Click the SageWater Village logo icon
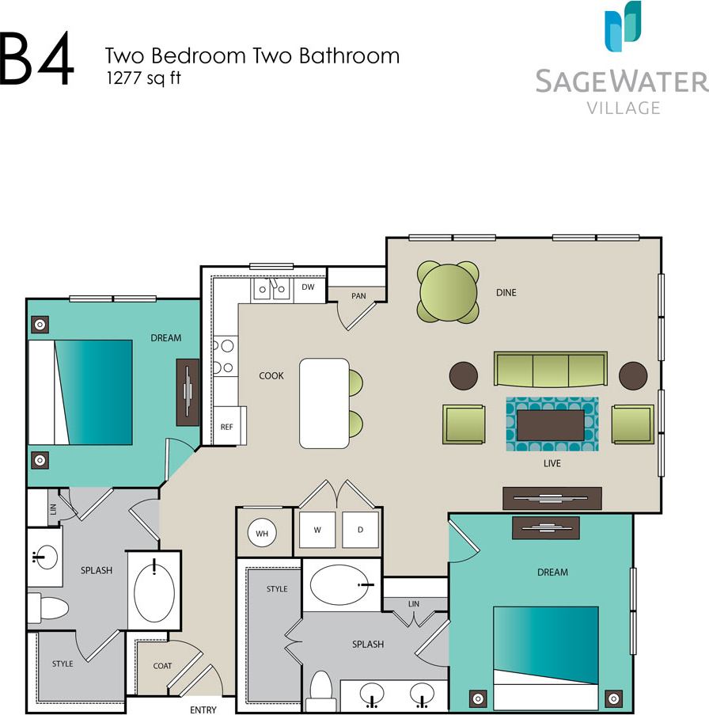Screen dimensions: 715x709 pyautogui.click(x=623, y=27)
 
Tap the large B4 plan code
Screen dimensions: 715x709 pyautogui.click(x=36, y=60)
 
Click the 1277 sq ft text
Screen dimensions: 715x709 pyautogui.click(x=142, y=78)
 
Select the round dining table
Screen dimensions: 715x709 pyautogui.click(x=449, y=291)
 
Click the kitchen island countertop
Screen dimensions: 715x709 pyautogui.click(x=324, y=403)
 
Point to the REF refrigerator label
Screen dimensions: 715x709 pyautogui.click(x=226, y=427)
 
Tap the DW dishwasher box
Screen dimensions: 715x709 pyautogui.click(x=309, y=288)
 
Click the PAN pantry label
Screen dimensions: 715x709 pyautogui.click(x=358, y=296)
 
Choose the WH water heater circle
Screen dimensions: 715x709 pyautogui.click(x=262, y=534)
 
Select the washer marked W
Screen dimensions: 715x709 pyautogui.click(x=317, y=531)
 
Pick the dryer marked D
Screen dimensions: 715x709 pyautogui.click(x=360, y=531)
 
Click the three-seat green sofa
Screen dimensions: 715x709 pyautogui.click(x=550, y=370)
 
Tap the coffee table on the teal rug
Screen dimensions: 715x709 pyautogui.click(x=550, y=425)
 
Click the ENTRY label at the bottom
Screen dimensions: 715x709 pyautogui.click(x=203, y=709)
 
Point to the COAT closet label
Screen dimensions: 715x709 pyautogui.click(x=162, y=666)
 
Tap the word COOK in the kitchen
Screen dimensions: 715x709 pyautogui.click(x=271, y=375)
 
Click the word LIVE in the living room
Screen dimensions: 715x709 pyautogui.click(x=552, y=463)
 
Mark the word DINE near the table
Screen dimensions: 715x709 pyautogui.click(x=506, y=293)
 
